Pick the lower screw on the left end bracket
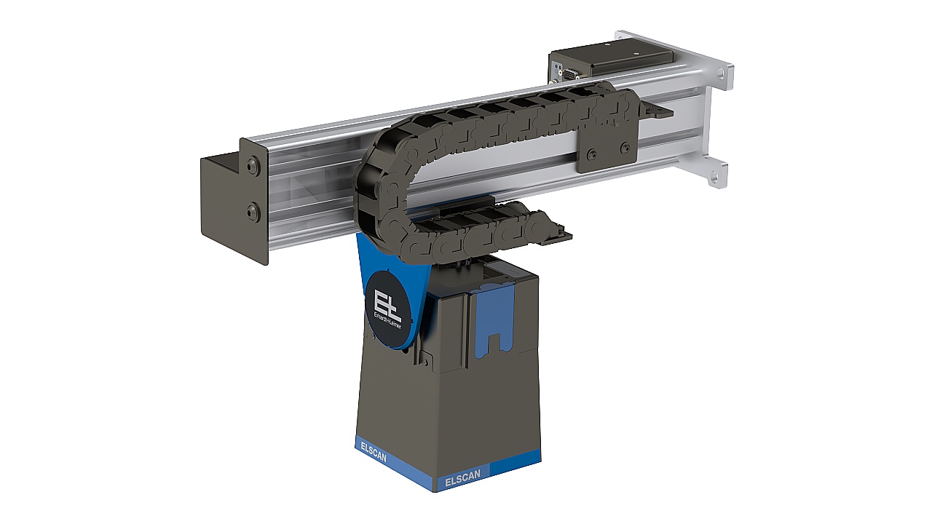252,213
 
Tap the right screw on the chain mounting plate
624,148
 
